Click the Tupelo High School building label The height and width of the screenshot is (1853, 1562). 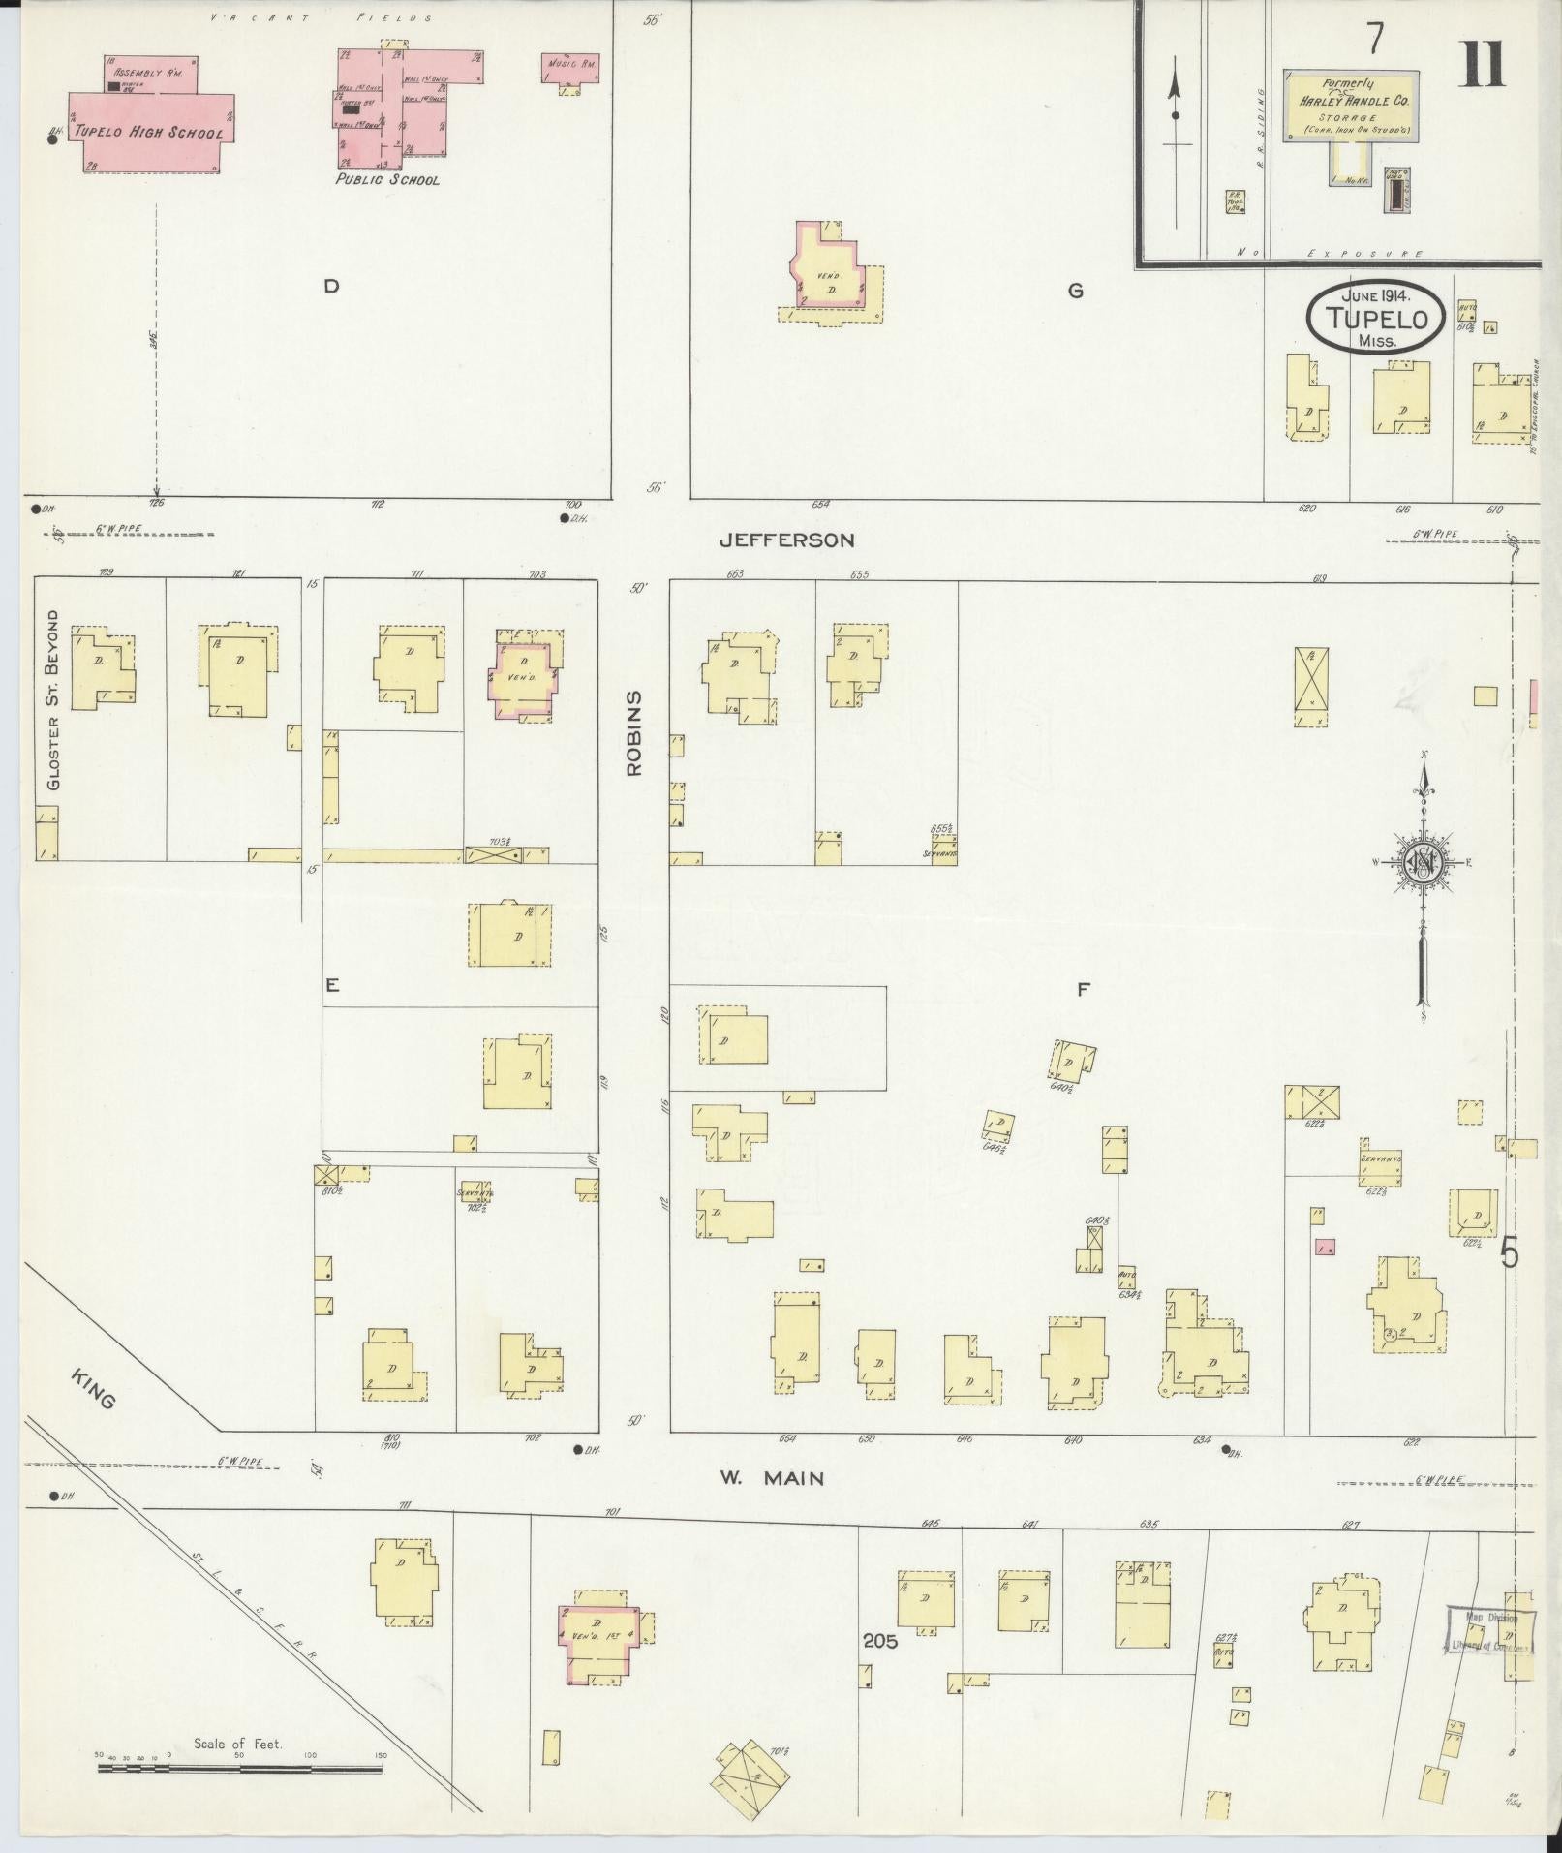[149, 133]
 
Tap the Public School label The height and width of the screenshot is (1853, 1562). [387, 180]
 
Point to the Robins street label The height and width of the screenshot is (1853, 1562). [634, 733]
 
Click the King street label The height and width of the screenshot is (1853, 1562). [94, 1388]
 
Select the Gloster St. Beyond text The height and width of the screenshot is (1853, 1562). [53, 699]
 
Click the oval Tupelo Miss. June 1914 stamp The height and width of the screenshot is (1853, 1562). [1375, 317]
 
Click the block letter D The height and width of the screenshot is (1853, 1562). [331, 287]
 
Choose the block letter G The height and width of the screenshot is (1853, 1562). [1075, 290]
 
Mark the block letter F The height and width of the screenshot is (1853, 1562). [1084, 989]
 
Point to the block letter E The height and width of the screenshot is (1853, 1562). [331, 985]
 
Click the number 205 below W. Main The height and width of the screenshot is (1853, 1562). [881, 1642]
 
